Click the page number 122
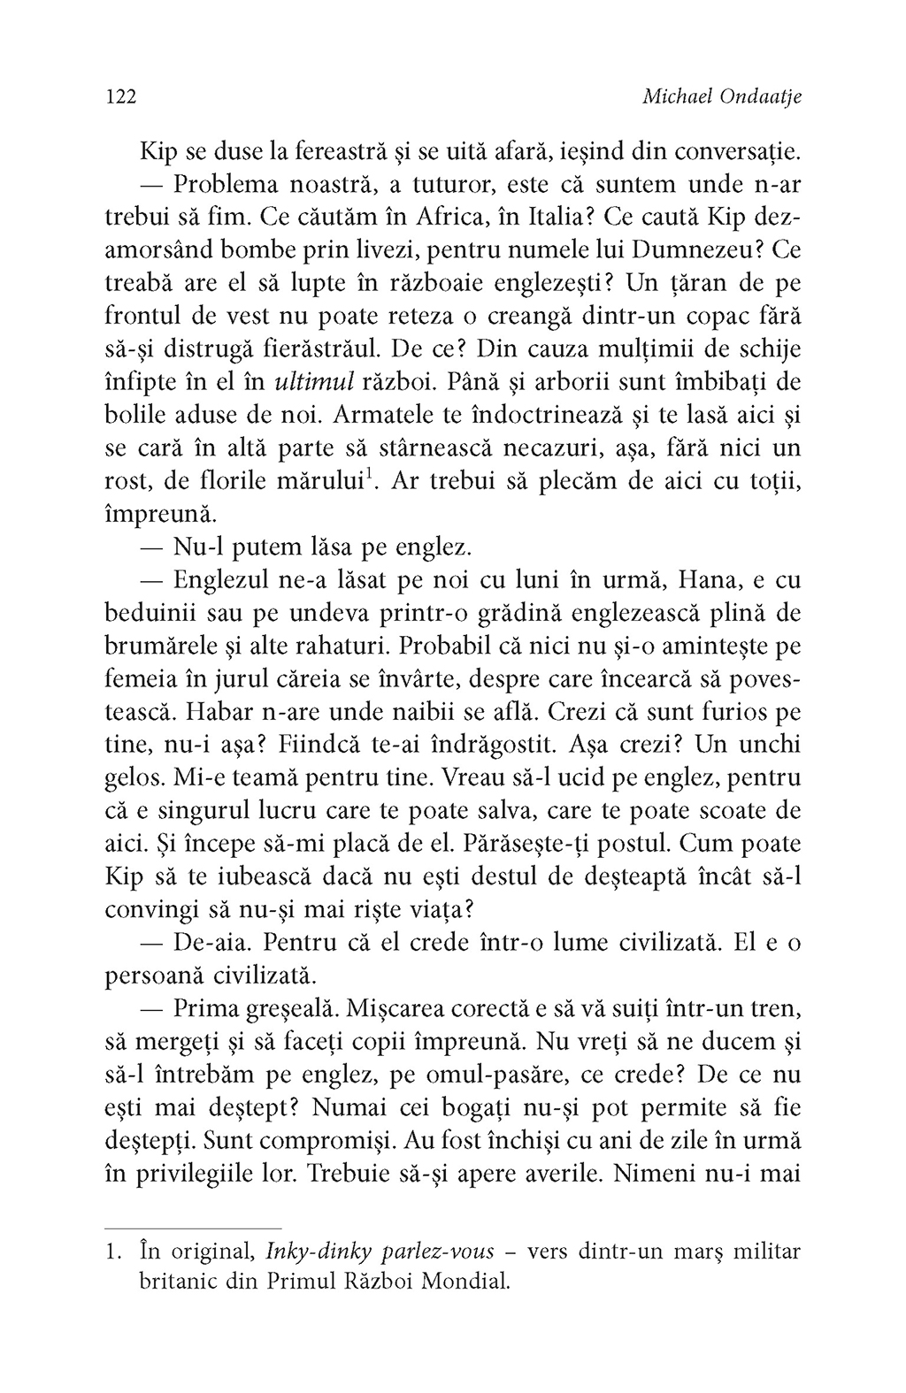tap(119, 97)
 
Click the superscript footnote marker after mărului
tap(370, 473)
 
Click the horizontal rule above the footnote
tap(193, 1228)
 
